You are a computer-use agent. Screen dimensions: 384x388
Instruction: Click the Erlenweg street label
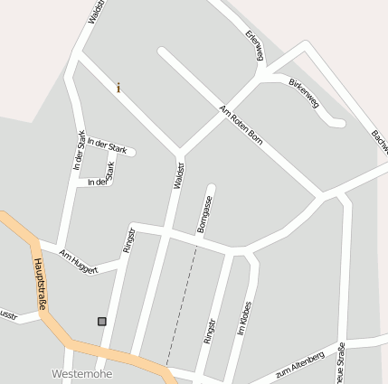pos(254,46)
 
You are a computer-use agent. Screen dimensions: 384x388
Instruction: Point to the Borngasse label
pos(204,214)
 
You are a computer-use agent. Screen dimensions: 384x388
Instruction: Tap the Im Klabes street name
pos(243,321)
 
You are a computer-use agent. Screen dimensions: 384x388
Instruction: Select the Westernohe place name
pos(82,374)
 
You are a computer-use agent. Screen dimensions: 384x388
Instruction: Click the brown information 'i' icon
pos(118,88)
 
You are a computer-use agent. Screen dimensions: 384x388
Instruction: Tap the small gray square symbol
pos(101,321)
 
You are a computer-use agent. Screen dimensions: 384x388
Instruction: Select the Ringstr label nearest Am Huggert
pos(128,238)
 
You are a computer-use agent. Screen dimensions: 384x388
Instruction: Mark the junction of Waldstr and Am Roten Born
pos(179,150)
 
